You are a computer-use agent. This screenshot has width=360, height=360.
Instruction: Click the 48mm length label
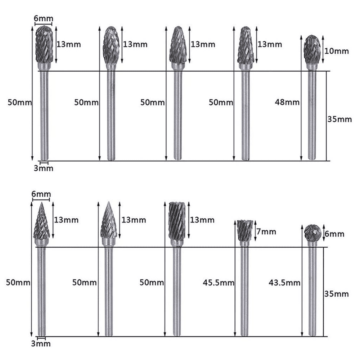287,102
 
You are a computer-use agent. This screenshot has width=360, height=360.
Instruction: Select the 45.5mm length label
218,283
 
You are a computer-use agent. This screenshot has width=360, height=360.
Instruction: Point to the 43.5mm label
284,283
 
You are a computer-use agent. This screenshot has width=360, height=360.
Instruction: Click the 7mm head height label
266,231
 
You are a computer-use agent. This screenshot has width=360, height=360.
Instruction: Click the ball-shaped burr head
312,233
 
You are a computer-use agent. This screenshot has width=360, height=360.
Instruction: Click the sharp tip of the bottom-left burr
42,203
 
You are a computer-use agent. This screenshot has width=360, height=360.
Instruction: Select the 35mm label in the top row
340,119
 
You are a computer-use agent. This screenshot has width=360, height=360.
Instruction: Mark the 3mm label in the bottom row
41,344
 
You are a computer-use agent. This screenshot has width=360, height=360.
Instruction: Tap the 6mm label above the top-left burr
43,19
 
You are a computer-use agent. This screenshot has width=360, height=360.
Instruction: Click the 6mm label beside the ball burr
334,234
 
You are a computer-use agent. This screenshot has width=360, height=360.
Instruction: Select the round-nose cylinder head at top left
44,44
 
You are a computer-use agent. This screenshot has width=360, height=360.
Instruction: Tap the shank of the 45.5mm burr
245,290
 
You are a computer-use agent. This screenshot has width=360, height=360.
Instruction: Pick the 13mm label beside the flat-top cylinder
202,220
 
